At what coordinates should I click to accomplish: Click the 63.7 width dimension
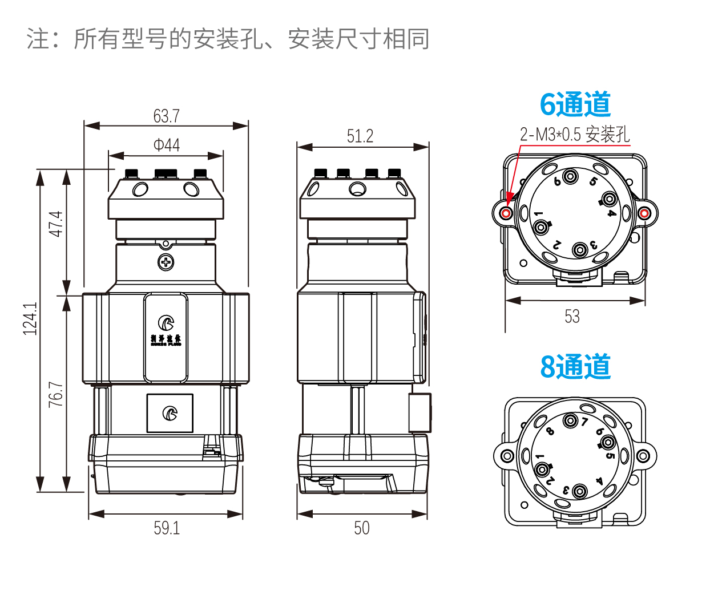point(166,116)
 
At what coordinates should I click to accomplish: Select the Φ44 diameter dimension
point(166,145)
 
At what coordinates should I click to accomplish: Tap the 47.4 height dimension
point(55,224)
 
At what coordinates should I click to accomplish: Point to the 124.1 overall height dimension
point(30,318)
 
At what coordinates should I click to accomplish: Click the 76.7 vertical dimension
point(55,394)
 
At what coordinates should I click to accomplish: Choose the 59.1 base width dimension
point(166,528)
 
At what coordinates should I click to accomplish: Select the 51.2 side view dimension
point(360,136)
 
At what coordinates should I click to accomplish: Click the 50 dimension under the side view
point(361,528)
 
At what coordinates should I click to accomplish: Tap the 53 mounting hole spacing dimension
point(572,316)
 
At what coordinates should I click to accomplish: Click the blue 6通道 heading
point(575,104)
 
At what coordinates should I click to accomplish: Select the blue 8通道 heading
point(575,366)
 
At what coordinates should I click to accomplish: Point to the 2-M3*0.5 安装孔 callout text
point(574,135)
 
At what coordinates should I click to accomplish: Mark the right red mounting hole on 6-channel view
point(644,214)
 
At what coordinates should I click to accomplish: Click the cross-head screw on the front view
point(166,262)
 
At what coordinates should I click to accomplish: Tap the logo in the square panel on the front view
point(170,413)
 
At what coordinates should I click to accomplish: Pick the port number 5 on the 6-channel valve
point(594,181)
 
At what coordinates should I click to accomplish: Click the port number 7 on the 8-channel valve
point(584,422)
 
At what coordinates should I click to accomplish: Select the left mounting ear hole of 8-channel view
point(506,456)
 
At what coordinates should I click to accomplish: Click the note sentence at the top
point(228,39)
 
